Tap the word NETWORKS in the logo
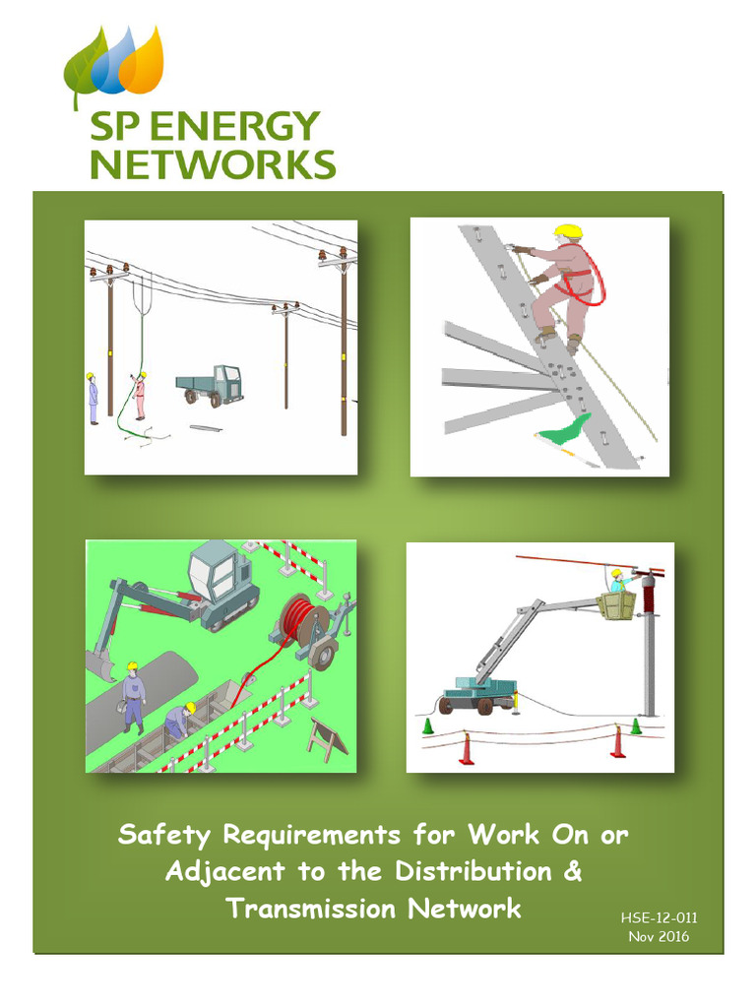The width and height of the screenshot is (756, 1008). (x=213, y=163)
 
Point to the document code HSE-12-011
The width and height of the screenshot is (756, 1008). (x=659, y=918)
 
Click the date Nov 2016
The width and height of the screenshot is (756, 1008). (x=659, y=936)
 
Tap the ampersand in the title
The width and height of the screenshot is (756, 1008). (x=571, y=872)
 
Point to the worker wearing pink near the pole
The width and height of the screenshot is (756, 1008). (x=140, y=395)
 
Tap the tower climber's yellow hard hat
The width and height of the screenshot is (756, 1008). (x=567, y=232)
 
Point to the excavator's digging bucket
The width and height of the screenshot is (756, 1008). (x=101, y=665)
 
